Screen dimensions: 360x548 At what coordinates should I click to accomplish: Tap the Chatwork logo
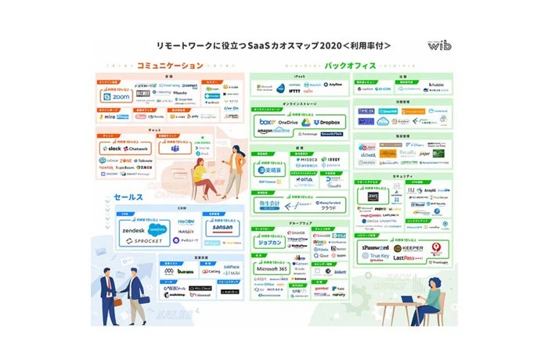point(136,148)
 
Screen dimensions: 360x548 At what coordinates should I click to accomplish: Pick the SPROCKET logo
point(143,243)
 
